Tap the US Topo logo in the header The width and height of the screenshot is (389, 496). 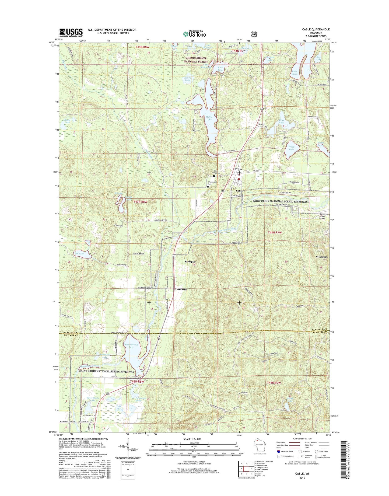pos(194,34)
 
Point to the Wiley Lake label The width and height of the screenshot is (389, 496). pos(209,118)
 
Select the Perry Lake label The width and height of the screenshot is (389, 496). pos(292,148)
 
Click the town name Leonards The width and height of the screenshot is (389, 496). pos(181,289)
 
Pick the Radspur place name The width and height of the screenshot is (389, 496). pos(190,261)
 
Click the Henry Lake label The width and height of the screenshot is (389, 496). pos(187,79)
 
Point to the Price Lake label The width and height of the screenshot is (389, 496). pos(282,121)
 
